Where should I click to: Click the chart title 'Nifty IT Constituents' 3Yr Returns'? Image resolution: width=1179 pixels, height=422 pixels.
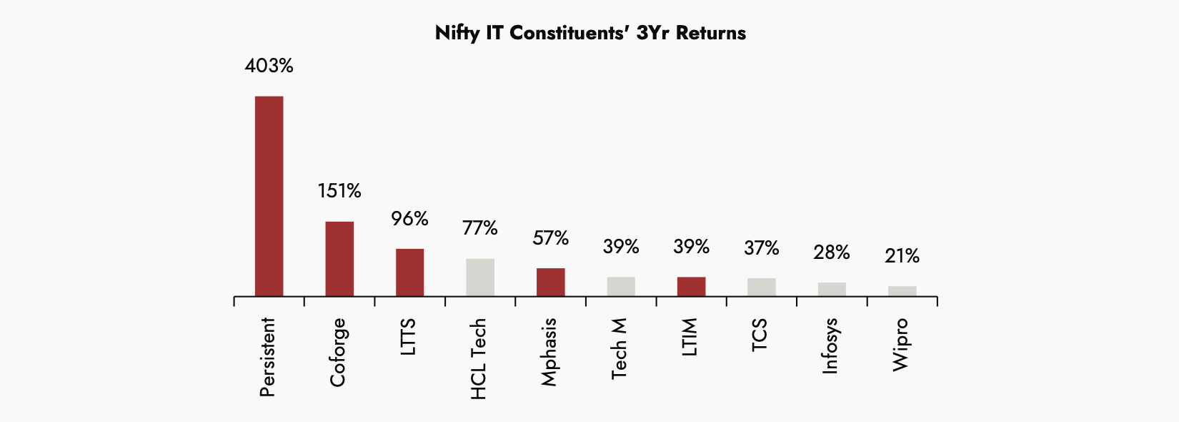pos(590,33)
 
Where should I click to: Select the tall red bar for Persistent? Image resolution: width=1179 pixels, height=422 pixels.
pos(269,196)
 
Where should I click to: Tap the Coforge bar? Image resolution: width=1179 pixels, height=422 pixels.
pos(339,259)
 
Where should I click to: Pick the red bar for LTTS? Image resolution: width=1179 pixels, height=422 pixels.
pos(409,273)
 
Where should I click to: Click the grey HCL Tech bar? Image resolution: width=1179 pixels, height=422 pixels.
pos(480,278)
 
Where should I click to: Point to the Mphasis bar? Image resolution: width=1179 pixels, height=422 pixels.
pos(550,283)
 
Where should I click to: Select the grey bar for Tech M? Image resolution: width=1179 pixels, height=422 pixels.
pos(621,287)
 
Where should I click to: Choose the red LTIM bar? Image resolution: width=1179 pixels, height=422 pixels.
pos(691,287)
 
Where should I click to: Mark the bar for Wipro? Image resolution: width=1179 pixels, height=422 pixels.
pos(902,291)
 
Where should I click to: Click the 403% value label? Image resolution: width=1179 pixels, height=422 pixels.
pos(269,66)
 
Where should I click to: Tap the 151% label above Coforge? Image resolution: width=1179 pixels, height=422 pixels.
pos(339,191)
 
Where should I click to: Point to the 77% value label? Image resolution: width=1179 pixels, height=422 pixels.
pos(480,228)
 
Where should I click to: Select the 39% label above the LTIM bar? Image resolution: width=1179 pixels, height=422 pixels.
pos(691,247)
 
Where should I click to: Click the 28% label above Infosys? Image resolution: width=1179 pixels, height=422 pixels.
pos(832,252)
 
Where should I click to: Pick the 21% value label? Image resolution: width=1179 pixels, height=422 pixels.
pos(902,256)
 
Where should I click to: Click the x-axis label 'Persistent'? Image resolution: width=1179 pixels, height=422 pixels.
pos(267,358)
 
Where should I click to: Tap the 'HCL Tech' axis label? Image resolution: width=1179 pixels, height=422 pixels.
pos(479,359)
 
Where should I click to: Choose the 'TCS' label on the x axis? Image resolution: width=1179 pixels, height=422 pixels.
pos(760,335)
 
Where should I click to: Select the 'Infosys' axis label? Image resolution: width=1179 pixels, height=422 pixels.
pos(830,346)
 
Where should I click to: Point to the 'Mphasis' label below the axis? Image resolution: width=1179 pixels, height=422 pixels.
pos(549,353)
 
